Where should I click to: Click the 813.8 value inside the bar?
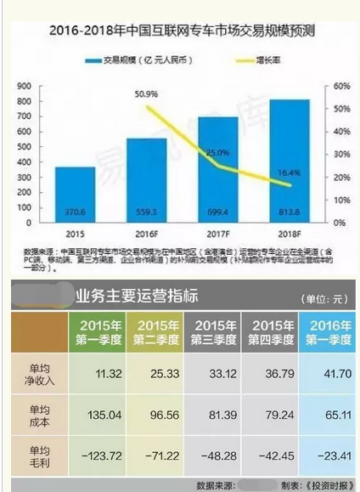(290, 212)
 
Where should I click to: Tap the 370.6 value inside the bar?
(76, 212)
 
